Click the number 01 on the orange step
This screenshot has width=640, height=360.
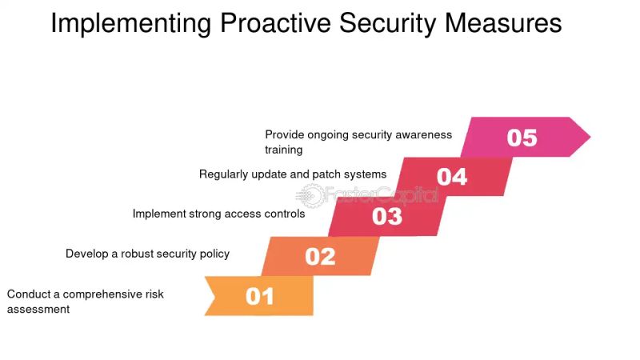(260, 297)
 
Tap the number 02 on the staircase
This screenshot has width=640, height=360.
(321, 257)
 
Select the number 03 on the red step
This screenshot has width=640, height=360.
(387, 217)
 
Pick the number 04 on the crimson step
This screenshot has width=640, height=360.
(452, 177)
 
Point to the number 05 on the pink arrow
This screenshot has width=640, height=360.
(522, 138)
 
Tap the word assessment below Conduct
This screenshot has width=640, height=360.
(38, 309)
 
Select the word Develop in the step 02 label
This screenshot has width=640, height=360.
(88, 254)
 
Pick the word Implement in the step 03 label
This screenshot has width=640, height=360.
(159, 214)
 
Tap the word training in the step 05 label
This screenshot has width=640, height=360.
(284, 150)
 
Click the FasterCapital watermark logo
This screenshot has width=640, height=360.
(368, 194)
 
